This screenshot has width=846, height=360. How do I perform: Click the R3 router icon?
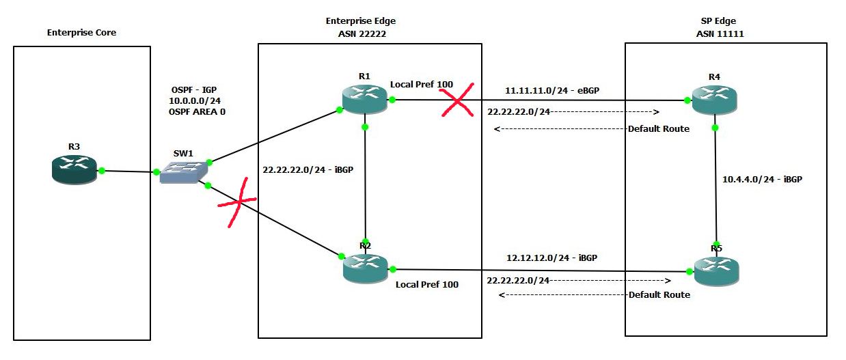click(x=74, y=169)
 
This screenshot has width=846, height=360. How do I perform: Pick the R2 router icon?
click(x=365, y=267)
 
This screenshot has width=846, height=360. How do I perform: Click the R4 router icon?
click(x=714, y=100)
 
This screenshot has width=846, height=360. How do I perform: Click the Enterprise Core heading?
click(x=81, y=32)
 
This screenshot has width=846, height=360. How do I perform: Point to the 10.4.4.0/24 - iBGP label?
click(x=762, y=180)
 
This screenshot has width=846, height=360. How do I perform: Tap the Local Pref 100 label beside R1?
click(x=421, y=85)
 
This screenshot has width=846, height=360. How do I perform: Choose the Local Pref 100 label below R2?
click(x=427, y=284)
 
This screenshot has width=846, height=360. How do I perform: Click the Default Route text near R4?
click(x=659, y=128)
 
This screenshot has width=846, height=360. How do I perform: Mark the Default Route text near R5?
click(x=659, y=294)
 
